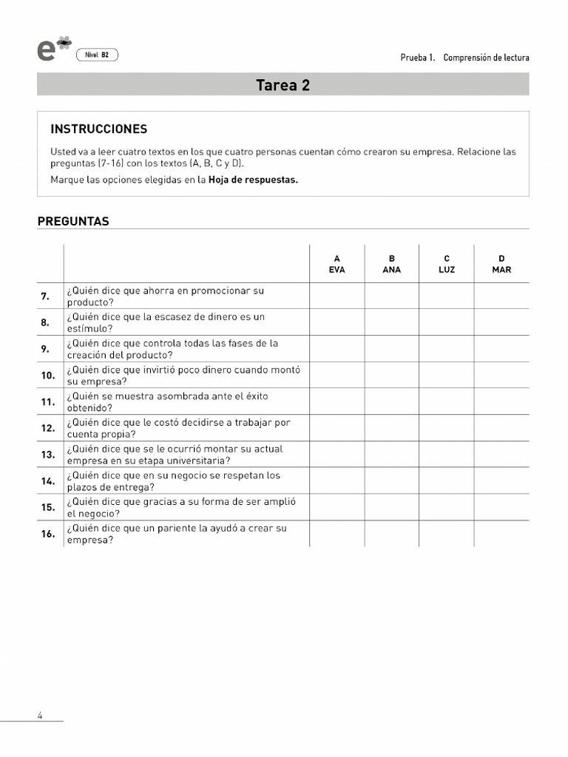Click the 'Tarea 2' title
(283, 85)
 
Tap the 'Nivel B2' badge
(97, 55)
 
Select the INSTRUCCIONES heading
(98, 129)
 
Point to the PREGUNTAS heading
(73, 221)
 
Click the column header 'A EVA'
(337, 264)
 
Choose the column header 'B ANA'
(392, 264)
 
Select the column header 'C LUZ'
(447, 264)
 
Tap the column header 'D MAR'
(501, 264)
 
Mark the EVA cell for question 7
(337, 296)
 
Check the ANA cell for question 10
(392, 375)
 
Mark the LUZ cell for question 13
(447, 454)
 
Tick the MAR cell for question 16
(501, 533)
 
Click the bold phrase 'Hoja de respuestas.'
(253, 180)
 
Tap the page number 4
(40, 715)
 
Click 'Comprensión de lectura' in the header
(486, 58)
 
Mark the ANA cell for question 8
(392, 322)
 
